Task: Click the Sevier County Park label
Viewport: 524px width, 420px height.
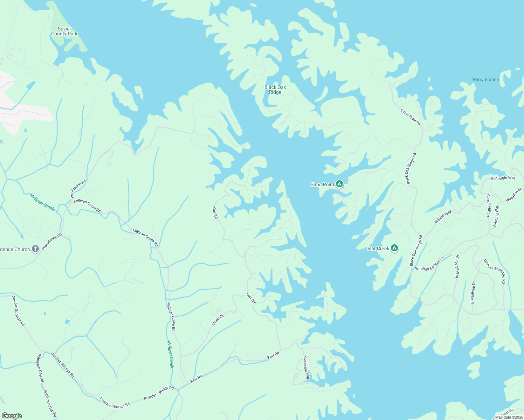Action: [x=64, y=31]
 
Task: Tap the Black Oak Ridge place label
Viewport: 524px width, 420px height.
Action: [x=275, y=90]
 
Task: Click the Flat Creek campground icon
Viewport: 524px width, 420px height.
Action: [x=394, y=248]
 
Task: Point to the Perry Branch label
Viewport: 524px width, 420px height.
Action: [x=485, y=79]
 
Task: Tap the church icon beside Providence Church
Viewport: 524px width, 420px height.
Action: [x=35, y=249]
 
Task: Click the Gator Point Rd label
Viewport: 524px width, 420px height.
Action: [x=411, y=117]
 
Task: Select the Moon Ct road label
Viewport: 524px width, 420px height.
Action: [x=218, y=320]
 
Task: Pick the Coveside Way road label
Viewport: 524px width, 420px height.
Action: [x=306, y=368]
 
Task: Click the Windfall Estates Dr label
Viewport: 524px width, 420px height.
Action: [x=429, y=264]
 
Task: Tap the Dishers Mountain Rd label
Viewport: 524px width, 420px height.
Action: [x=495, y=271]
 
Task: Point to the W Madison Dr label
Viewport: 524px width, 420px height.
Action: [x=457, y=266]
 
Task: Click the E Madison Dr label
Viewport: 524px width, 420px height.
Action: [x=473, y=292]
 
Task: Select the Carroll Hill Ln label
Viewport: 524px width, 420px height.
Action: [x=488, y=205]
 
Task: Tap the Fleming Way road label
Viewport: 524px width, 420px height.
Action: [x=496, y=216]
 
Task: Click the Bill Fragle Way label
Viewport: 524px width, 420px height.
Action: [x=503, y=178]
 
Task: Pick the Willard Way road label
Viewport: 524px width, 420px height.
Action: [x=443, y=217]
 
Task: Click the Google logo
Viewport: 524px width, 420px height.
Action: [x=12, y=415]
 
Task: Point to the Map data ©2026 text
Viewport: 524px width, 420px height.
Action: [x=508, y=417]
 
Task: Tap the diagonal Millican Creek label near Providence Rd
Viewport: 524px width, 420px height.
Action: [x=42, y=202]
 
